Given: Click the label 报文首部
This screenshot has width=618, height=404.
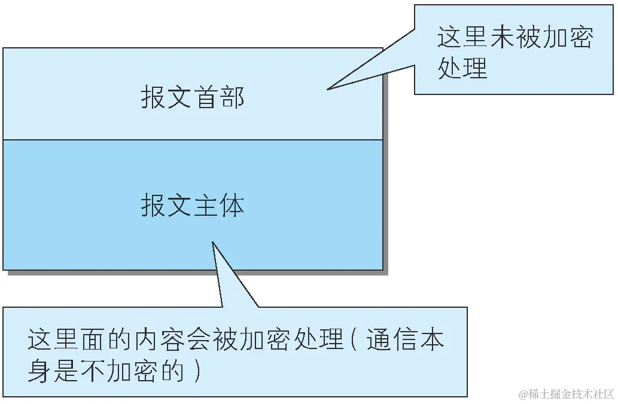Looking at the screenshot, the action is click(x=193, y=97).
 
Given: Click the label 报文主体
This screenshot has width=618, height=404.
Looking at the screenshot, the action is click(x=193, y=205).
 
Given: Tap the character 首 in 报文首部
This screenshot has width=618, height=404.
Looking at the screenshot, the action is click(x=205, y=97).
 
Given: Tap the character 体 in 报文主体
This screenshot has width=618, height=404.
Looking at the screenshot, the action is click(x=232, y=205).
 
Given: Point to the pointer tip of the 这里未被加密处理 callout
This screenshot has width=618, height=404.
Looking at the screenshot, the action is click(x=328, y=90).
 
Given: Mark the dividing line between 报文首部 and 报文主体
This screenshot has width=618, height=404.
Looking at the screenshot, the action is click(x=193, y=140).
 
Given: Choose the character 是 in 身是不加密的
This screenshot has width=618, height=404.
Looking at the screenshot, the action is click(x=66, y=371).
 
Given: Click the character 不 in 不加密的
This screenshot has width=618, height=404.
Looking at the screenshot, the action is click(x=92, y=371).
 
